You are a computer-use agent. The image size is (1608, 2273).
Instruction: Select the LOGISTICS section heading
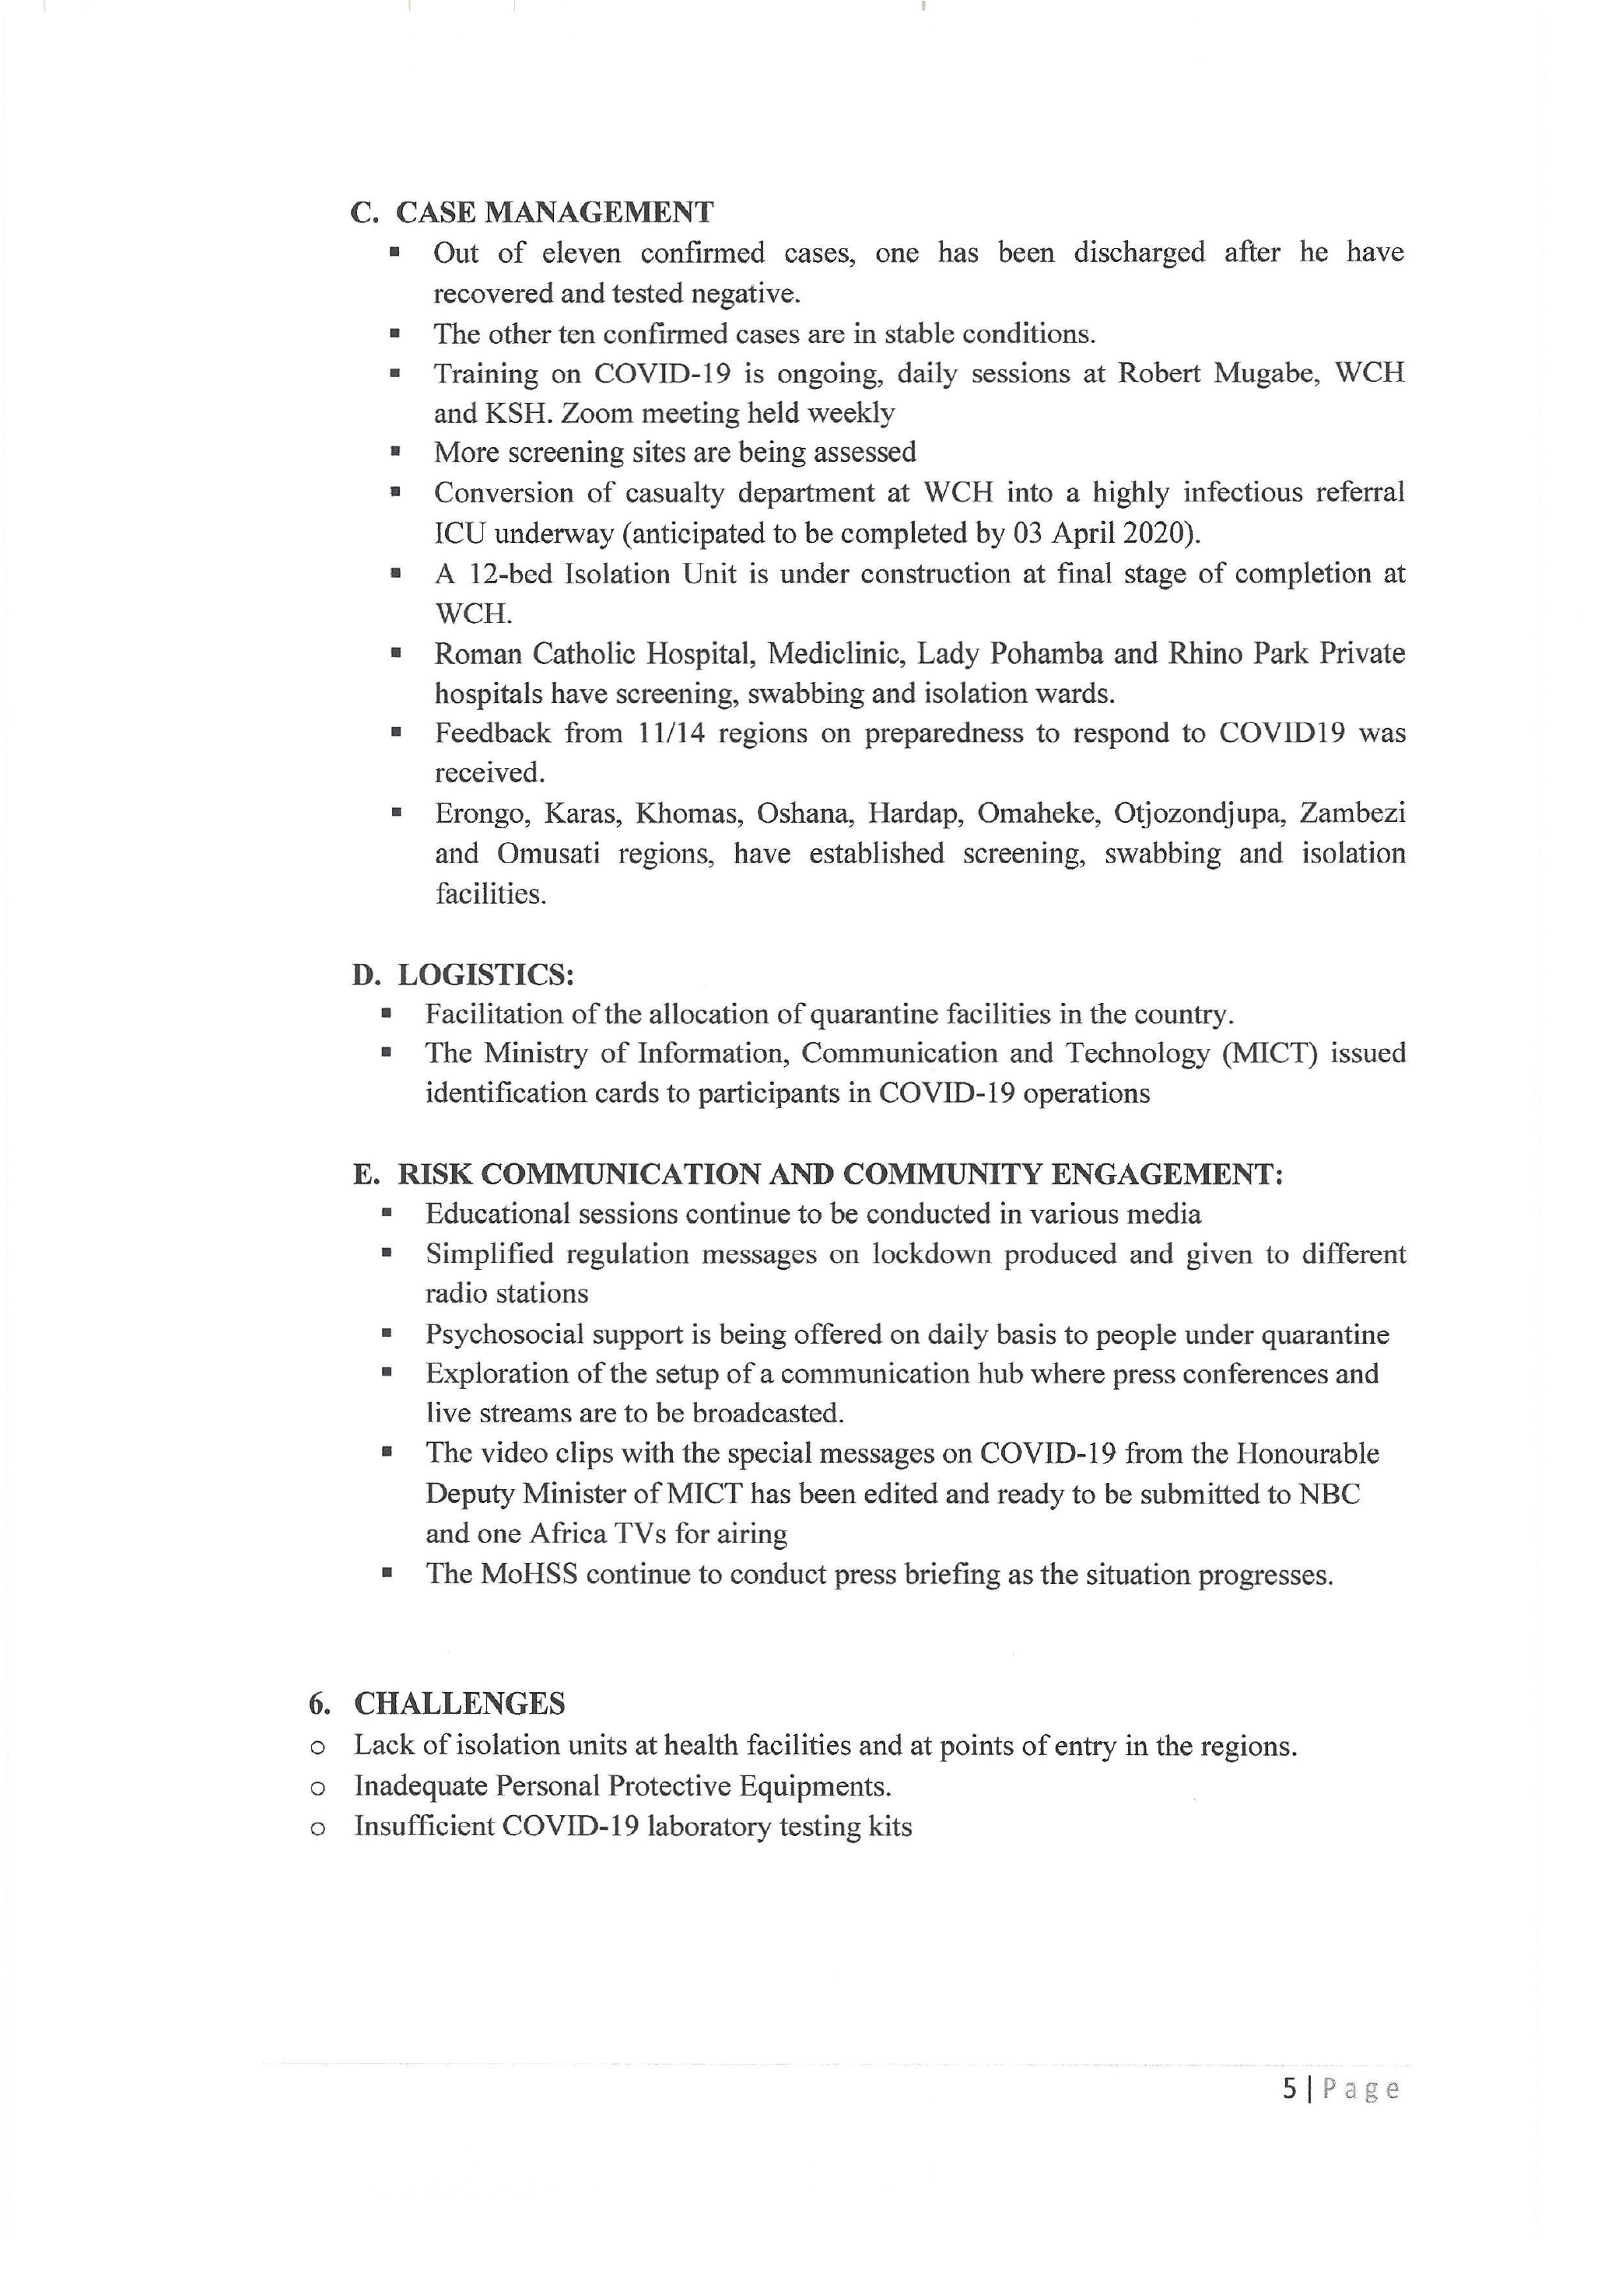[485, 975]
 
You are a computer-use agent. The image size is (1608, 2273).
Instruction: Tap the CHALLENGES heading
[460, 1704]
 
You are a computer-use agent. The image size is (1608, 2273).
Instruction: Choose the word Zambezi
[1353, 813]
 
